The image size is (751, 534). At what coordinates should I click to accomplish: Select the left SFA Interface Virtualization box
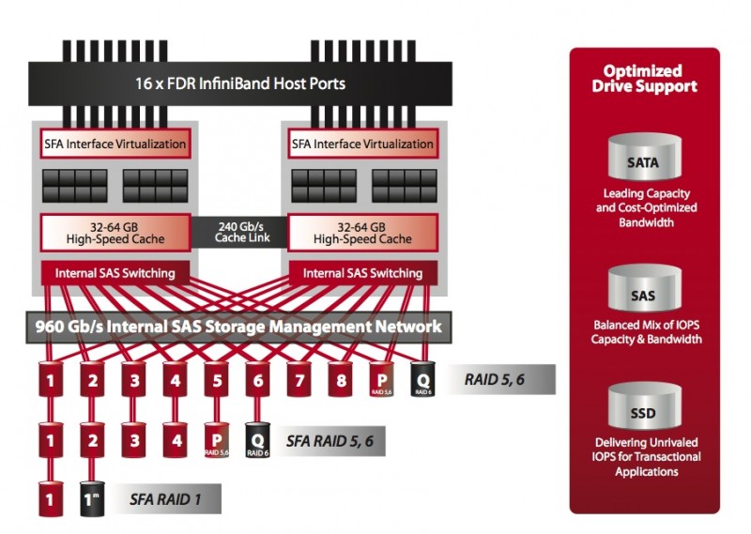[x=115, y=145]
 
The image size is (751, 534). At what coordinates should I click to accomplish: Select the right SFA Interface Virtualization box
[x=362, y=145]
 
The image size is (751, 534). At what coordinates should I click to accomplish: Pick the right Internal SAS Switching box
[x=362, y=273]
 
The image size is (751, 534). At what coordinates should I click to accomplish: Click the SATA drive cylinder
[x=643, y=160]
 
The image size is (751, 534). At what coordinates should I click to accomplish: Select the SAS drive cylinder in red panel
[x=643, y=294]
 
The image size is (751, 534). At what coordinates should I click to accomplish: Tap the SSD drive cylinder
[x=643, y=411]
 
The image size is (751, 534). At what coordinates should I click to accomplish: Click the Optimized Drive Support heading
[x=644, y=79]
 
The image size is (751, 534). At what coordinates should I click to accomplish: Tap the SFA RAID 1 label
[x=165, y=499]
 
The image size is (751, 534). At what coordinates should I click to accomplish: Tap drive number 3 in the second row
[x=133, y=439]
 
